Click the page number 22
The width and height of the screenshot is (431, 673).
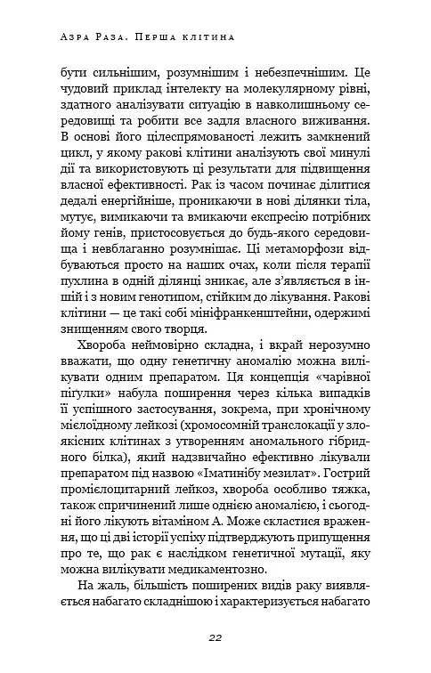(x=215, y=637)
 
